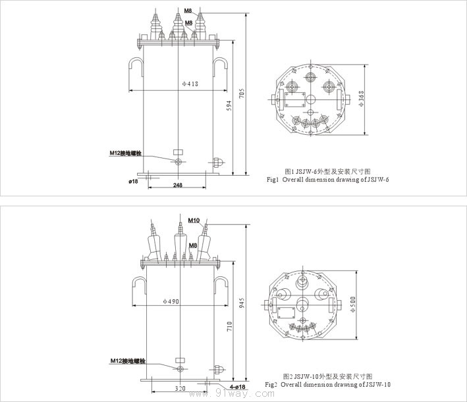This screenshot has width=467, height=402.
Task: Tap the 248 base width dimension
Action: pyautogui.click(x=178, y=186)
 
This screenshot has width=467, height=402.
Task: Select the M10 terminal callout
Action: pyautogui.click(x=194, y=220)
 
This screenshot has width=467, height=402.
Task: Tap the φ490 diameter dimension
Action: pyautogui.click(x=172, y=301)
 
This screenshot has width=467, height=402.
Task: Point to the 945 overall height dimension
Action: pyautogui.click(x=241, y=303)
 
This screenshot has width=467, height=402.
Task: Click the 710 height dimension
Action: pyautogui.click(x=229, y=325)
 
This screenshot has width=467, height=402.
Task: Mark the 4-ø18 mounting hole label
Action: pyautogui.click(x=237, y=386)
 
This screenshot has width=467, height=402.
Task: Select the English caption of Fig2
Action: pyautogui.click(x=328, y=384)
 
